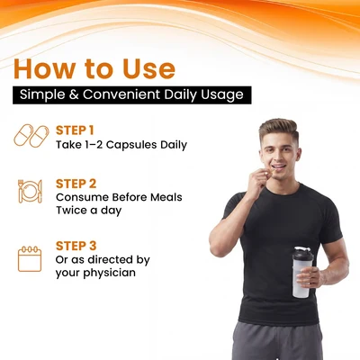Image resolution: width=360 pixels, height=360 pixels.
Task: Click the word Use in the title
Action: (x=148, y=69)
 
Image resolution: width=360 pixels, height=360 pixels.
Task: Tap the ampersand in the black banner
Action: (x=74, y=94)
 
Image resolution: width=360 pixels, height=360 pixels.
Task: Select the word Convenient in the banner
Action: (x=121, y=94)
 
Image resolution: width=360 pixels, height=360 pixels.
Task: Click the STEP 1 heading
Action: (x=75, y=130)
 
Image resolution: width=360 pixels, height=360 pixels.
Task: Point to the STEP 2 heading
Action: (x=76, y=184)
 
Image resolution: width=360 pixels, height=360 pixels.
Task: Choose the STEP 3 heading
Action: (x=76, y=246)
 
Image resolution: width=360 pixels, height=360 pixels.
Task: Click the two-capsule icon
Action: (x=31, y=136)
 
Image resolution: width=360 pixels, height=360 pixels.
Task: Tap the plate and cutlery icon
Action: (x=30, y=192)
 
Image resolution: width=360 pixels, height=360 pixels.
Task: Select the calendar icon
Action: (x=30, y=258)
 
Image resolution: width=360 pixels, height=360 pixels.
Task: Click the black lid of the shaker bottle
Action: (x=303, y=255)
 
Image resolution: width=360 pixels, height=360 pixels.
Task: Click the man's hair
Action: (x=279, y=130)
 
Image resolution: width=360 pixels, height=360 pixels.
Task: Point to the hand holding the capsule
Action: (x=257, y=181)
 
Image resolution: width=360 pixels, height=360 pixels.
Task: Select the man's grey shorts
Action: (x=277, y=341)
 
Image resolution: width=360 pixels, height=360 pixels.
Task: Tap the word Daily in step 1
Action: (x=174, y=145)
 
